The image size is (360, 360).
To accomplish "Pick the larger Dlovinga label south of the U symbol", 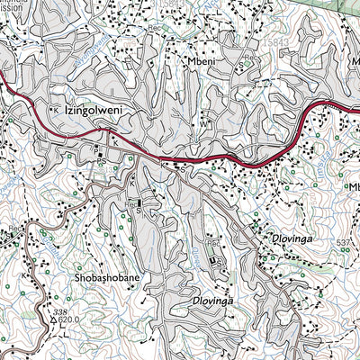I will [x=219, y=301].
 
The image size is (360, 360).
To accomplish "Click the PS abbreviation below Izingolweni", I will [x=102, y=163].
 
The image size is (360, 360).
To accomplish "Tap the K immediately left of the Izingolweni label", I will [x=56, y=109].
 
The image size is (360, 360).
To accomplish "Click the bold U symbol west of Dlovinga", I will [x=212, y=261].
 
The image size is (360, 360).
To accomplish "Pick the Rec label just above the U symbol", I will [x=213, y=242].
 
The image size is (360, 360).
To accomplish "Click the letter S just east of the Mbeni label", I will [x=240, y=65].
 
